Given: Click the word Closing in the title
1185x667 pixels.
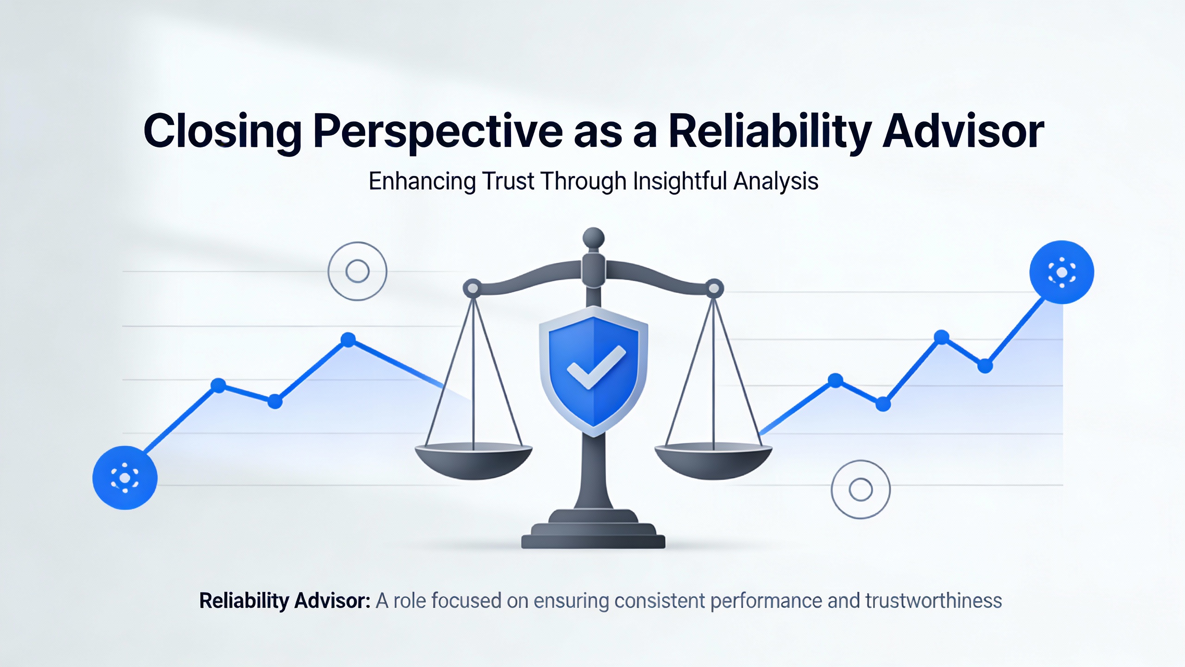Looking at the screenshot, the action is (223, 132).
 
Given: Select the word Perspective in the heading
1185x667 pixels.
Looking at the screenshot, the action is (438, 132).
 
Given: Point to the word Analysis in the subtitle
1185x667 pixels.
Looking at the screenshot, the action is (776, 181).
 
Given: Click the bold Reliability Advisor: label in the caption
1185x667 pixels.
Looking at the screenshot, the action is (285, 601).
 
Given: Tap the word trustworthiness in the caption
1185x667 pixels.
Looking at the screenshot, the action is (934, 600).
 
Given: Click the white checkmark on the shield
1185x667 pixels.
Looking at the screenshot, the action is (596, 367).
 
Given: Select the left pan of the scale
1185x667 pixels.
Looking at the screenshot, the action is (474, 461).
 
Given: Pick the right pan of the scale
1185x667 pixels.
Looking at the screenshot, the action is (713, 461).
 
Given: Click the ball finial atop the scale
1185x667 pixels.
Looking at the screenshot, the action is (593, 239).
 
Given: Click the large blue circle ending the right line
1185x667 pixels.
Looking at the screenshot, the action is (1062, 272).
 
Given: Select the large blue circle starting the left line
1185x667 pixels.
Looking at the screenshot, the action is (125, 478).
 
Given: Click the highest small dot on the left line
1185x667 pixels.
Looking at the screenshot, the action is (348, 340).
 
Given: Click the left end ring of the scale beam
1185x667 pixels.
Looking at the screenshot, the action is (473, 288).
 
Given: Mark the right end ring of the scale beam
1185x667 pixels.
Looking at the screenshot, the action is (714, 288).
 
